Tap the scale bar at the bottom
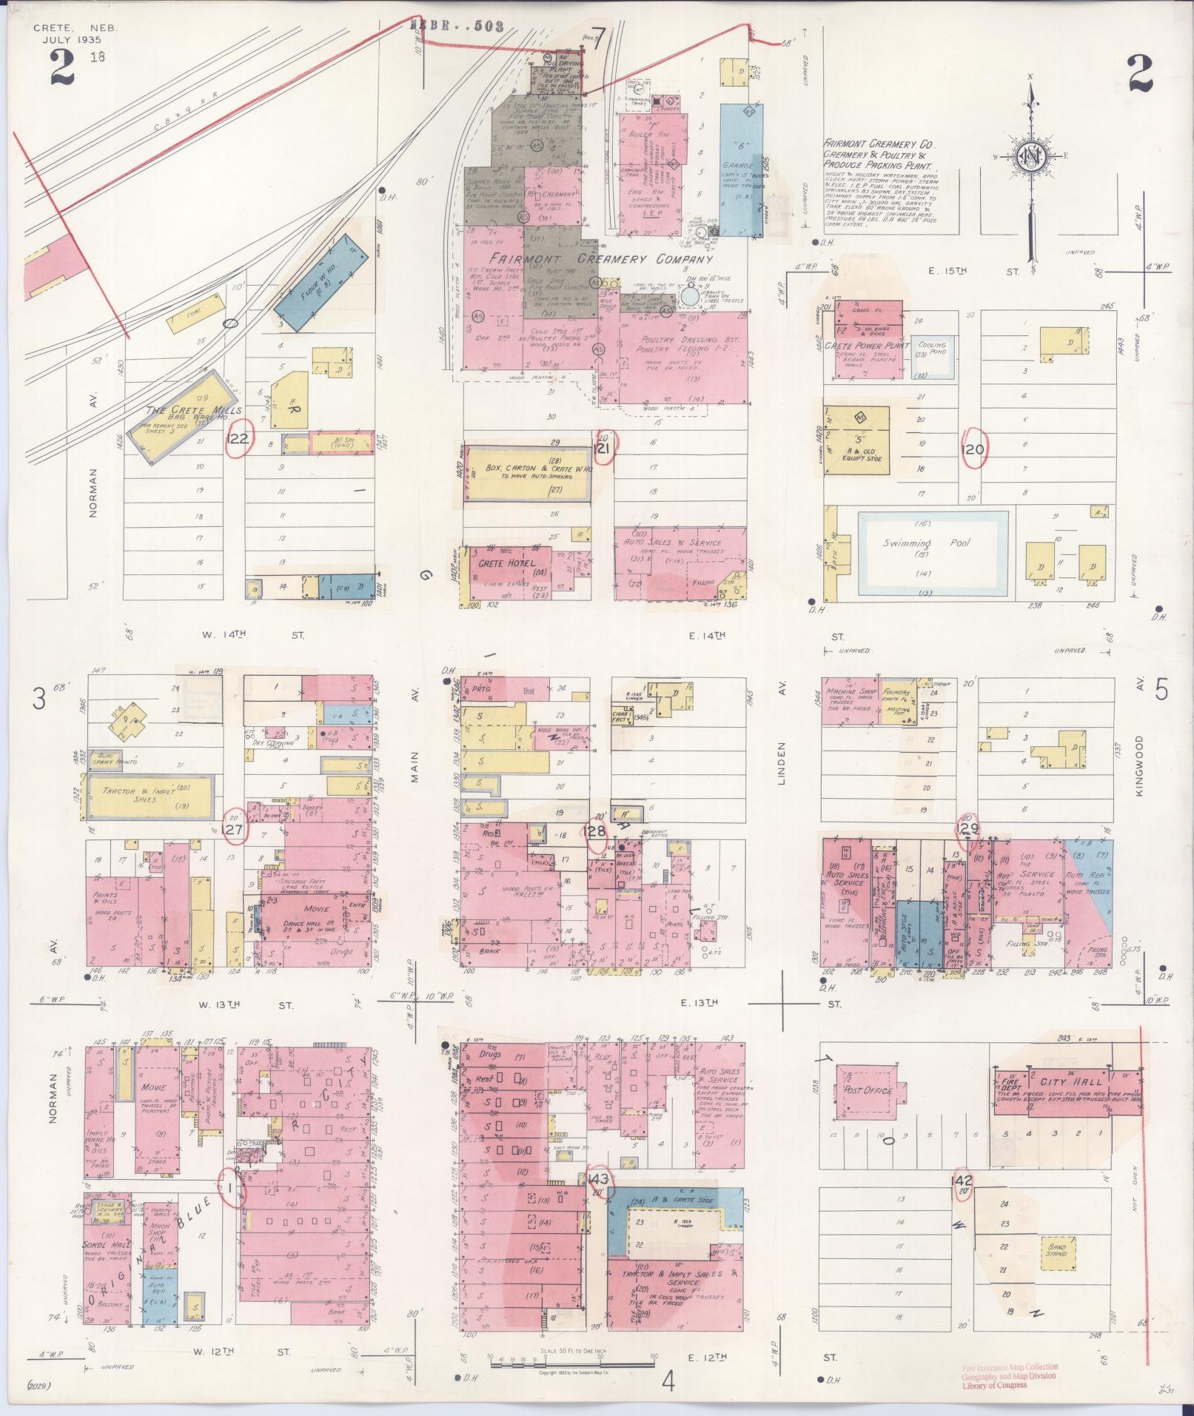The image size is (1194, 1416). click(570, 1356)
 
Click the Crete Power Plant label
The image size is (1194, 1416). click(872, 346)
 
